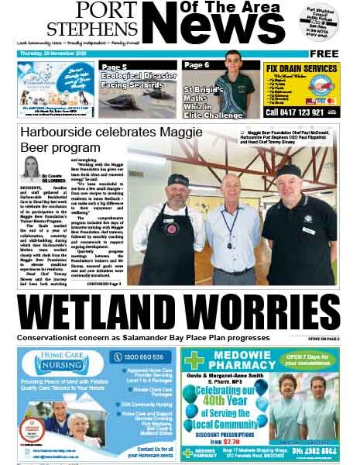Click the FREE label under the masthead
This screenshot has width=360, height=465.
(324, 53)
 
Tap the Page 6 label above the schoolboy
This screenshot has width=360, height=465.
(197, 66)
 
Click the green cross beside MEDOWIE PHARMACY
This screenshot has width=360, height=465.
(195, 360)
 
